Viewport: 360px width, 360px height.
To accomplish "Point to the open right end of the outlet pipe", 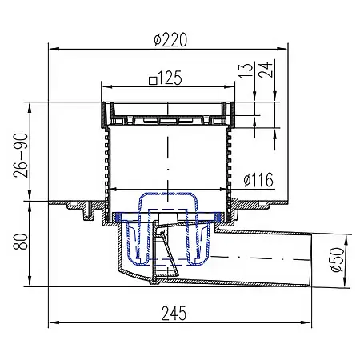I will point(309,258).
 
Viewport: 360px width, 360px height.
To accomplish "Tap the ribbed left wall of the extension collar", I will point(104,160).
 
